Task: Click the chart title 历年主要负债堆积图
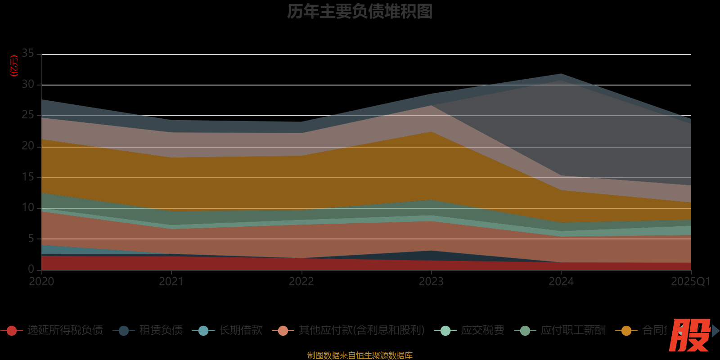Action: click(x=360, y=12)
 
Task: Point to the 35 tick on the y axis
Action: click(x=28, y=54)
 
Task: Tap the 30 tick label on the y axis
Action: click(x=28, y=84)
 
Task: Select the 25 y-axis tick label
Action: click(x=28, y=115)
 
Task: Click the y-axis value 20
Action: click(x=28, y=146)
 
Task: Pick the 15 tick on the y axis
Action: click(x=28, y=177)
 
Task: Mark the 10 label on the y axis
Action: click(x=28, y=207)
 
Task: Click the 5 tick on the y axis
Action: click(x=31, y=238)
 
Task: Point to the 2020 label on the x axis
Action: click(x=41, y=282)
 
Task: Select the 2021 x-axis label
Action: click(x=171, y=282)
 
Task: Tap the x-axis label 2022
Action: click(x=301, y=282)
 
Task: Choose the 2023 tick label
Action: click(x=431, y=282)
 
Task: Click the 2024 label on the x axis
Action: click(x=561, y=282)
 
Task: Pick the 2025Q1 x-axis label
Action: click(x=690, y=282)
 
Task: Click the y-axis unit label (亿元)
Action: click(x=14, y=66)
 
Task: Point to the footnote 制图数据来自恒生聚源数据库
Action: click(x=360, y=355)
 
